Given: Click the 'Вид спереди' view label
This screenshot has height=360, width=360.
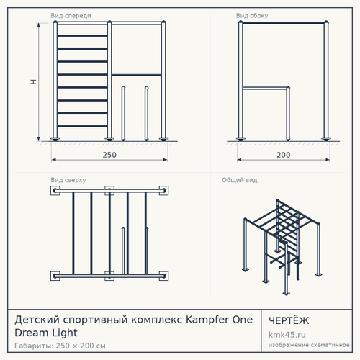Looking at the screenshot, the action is pyautogui.click(x=71, y=16).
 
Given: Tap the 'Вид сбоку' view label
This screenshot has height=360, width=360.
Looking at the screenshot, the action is pyautogui.click(x=252, y=16).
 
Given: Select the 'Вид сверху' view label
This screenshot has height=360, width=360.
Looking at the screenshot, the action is pyautogui.click(x=68, y=180).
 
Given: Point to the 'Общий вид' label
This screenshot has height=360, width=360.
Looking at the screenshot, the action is pyautogui.click(x=240, y=180).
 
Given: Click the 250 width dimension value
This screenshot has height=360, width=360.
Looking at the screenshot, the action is pyautogui.click(x=109, y=155).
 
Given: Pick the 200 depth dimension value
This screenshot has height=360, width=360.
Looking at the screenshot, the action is pyautogui.click(x=284, y=155).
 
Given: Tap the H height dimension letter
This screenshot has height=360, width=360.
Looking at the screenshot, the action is pyautogui.click(x=34, y=81).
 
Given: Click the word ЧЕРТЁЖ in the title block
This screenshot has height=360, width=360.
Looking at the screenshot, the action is pyautogui.click(x=289, y=320).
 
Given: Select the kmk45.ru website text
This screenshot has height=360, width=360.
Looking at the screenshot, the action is pyautogui.click(x=287, y=335).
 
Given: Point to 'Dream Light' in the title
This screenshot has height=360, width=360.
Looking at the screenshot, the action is pyautogui.click(x=46, y=333).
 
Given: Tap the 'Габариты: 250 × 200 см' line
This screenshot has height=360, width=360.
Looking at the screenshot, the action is pyautogui.click(x=60, y=346).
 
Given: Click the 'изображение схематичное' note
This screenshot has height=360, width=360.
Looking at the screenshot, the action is pyautogui.click(x=309, y=345).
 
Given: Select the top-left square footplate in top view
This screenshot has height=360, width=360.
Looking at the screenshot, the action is pyautogui.click(x=55, y=191).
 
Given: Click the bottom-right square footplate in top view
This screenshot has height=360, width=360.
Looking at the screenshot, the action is pyautogui.click(x=163, y=276).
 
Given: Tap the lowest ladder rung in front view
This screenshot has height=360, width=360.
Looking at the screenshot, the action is pyautogui.click(x=82, y=126).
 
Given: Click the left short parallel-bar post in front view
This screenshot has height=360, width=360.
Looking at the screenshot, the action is pyautogui.click(x=123, y=113).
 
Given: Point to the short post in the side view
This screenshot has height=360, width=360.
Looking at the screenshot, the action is pyautogui.click(x=288, y=114).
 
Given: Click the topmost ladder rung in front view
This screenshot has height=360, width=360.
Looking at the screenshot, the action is pyautogui.click(x=82, y=36).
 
